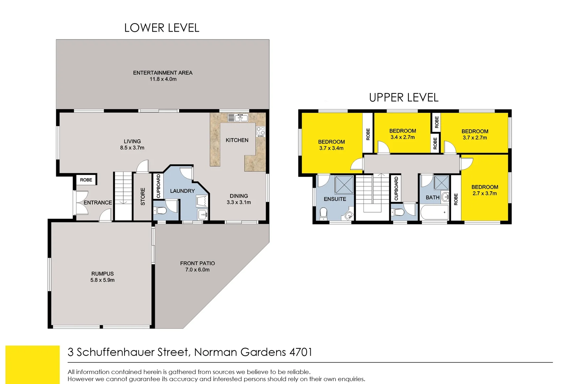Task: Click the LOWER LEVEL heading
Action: click(162, 28)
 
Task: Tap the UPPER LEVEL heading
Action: click(403, 97)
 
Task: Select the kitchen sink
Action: click(238, 118)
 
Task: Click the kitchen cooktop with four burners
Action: click(261, 131)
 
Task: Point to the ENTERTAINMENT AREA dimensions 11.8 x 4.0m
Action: click(163, 79)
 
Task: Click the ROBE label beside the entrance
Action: click(86, 180)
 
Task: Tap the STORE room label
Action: click(143, 196)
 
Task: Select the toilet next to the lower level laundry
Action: click(161, 210)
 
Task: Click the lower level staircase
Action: click(123, 196)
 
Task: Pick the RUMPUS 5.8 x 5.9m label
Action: click(102, 277)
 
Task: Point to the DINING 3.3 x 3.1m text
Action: click(239, 199)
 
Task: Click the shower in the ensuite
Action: click(344, 185)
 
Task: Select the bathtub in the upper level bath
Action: click(434, 213)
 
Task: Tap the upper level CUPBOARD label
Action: click(396, 188)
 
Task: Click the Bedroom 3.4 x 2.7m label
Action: click(403, 134)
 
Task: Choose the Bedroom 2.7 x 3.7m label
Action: click(485, 190)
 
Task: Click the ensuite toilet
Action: click(323, 213)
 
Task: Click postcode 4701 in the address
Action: click(301, 352)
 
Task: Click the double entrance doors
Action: click(81, 202)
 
